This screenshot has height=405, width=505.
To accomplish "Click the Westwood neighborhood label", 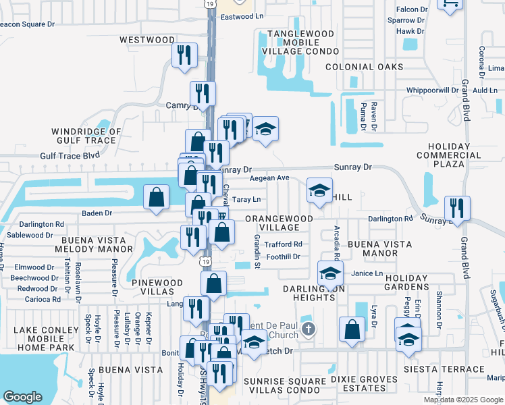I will pyautogui.click(x=147, y=40).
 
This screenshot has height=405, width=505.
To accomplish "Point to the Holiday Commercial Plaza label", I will pyautogui.click(x=439, y=155).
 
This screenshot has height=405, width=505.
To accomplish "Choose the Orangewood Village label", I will pyautogui.click(x=279, y=223).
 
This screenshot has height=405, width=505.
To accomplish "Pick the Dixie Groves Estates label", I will pyautogui.click(x=364, y=384).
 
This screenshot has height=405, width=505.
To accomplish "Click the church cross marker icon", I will pyautogui.click(x=308, y=329).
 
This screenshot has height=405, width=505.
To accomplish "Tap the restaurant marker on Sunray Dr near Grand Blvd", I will pyautogui.click(x=458, y=208).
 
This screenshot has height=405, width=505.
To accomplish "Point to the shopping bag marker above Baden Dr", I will pyautogui.click(x=157, y=198).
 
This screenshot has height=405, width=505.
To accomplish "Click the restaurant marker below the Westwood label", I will pyautogui.click(x=184, y=55).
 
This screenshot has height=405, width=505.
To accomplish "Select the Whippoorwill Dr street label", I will pyautogui.click(x=432, y=90).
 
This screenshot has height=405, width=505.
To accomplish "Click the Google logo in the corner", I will pyautogui.click(x=22, y=397).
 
